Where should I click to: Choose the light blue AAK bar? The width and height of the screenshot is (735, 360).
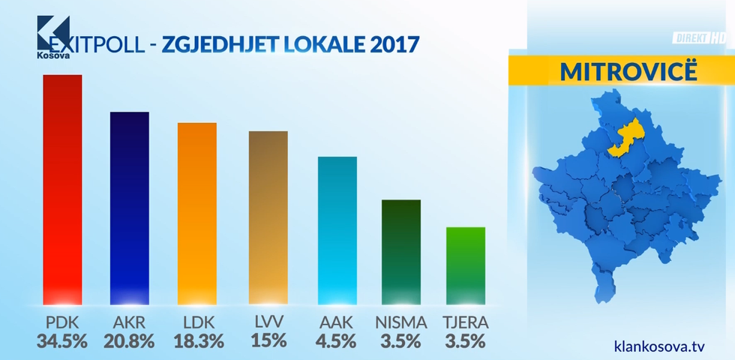(337, 232)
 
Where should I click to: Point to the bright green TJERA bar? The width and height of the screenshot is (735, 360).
(466, 267)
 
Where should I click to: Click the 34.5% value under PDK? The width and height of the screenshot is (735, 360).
(62, 341)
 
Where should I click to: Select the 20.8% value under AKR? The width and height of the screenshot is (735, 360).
(128, 341)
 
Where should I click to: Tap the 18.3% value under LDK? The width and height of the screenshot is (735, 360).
(198, 341)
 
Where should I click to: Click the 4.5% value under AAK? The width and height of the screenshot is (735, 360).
(337, 341)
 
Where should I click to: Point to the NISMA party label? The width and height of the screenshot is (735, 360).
(401, 322)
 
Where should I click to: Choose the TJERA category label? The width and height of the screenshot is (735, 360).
(466, 322)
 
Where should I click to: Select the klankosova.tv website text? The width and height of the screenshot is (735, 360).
(659, 346)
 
